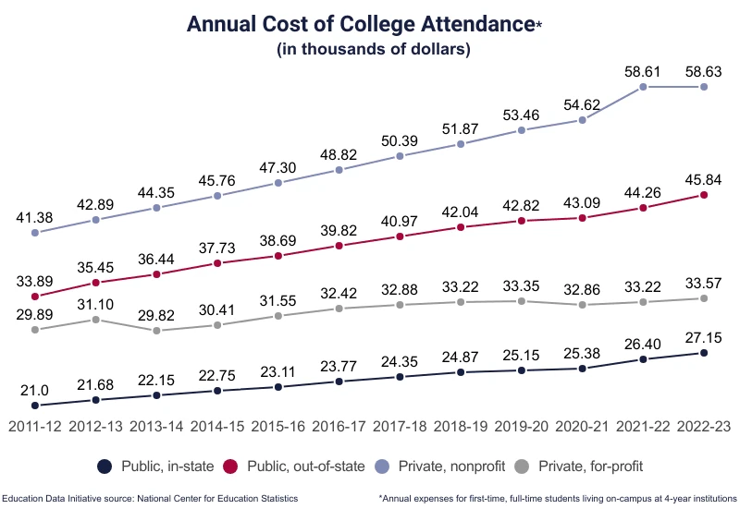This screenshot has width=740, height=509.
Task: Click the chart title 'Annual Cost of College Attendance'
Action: pyautogui.click(x=361, y=24)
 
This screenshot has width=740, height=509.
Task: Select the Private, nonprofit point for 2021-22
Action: pyautogui.click(x=644, y=87)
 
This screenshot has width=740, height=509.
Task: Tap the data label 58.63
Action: pyautogui.click(x=704, y=68)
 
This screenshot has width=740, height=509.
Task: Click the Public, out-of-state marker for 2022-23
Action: pyautogui.click(x=705, y=195)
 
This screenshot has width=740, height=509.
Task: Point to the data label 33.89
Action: pyautogui.click(x=35, y=279)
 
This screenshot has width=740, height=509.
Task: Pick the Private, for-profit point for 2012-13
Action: pyautogui.click(x=96, y=320)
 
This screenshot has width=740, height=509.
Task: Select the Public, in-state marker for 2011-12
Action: pyautogui.click(x=35, y=406)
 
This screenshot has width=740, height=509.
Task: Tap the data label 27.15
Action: pyautogui.click(x=704, y=334)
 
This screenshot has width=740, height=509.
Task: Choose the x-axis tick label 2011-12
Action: pyautogui.click(x=35, y=428)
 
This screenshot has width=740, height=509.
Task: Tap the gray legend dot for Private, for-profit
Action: pyautogui.click(x=521, y=467)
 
